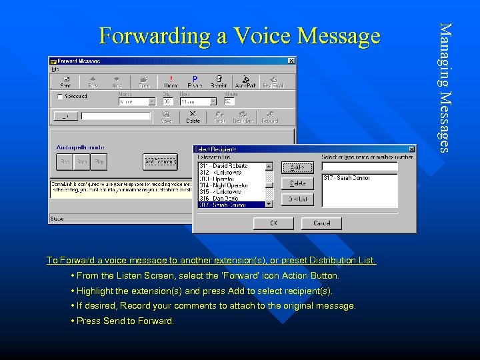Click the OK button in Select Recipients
273,223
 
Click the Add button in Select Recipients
297,167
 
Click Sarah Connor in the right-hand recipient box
347,178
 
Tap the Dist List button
297,199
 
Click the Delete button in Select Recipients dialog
297,183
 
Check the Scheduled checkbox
61,97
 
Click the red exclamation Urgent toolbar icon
171,81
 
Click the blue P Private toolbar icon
195,81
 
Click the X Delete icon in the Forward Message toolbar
193,117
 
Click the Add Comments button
160,161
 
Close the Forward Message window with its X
291,61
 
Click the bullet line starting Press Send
125,321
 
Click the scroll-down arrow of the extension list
269,203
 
